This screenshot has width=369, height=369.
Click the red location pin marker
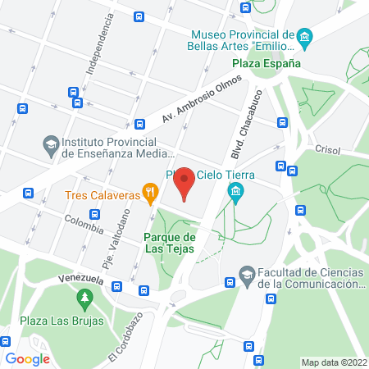185,183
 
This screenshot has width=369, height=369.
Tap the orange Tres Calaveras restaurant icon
149,194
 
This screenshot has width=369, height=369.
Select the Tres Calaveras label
102,195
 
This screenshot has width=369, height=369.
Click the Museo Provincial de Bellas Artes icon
304,38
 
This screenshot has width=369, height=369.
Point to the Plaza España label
265,62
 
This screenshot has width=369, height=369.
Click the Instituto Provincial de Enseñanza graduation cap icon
51,144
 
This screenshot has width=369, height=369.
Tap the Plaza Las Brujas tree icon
83,297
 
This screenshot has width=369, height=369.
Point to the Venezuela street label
79,280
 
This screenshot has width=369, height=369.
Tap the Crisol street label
328,149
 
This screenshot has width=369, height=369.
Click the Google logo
27,358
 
